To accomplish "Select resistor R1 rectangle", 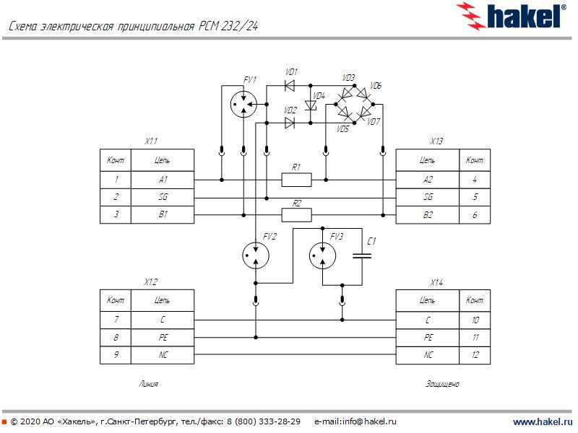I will [296, 179].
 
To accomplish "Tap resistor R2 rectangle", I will [296, 214].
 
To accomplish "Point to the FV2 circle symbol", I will [254, 253].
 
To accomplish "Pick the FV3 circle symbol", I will [322, 253].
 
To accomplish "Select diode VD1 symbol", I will [290, 86].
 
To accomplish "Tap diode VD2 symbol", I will [290, 123].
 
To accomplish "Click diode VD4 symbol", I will [312, 105].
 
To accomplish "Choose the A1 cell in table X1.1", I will [163, 179].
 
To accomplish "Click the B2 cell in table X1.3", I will [428, 214].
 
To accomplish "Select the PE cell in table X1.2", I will [163, 337].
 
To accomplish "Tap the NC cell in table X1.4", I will [428, 355].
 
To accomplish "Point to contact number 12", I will [475, 355].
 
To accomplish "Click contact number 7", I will [116, 319].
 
